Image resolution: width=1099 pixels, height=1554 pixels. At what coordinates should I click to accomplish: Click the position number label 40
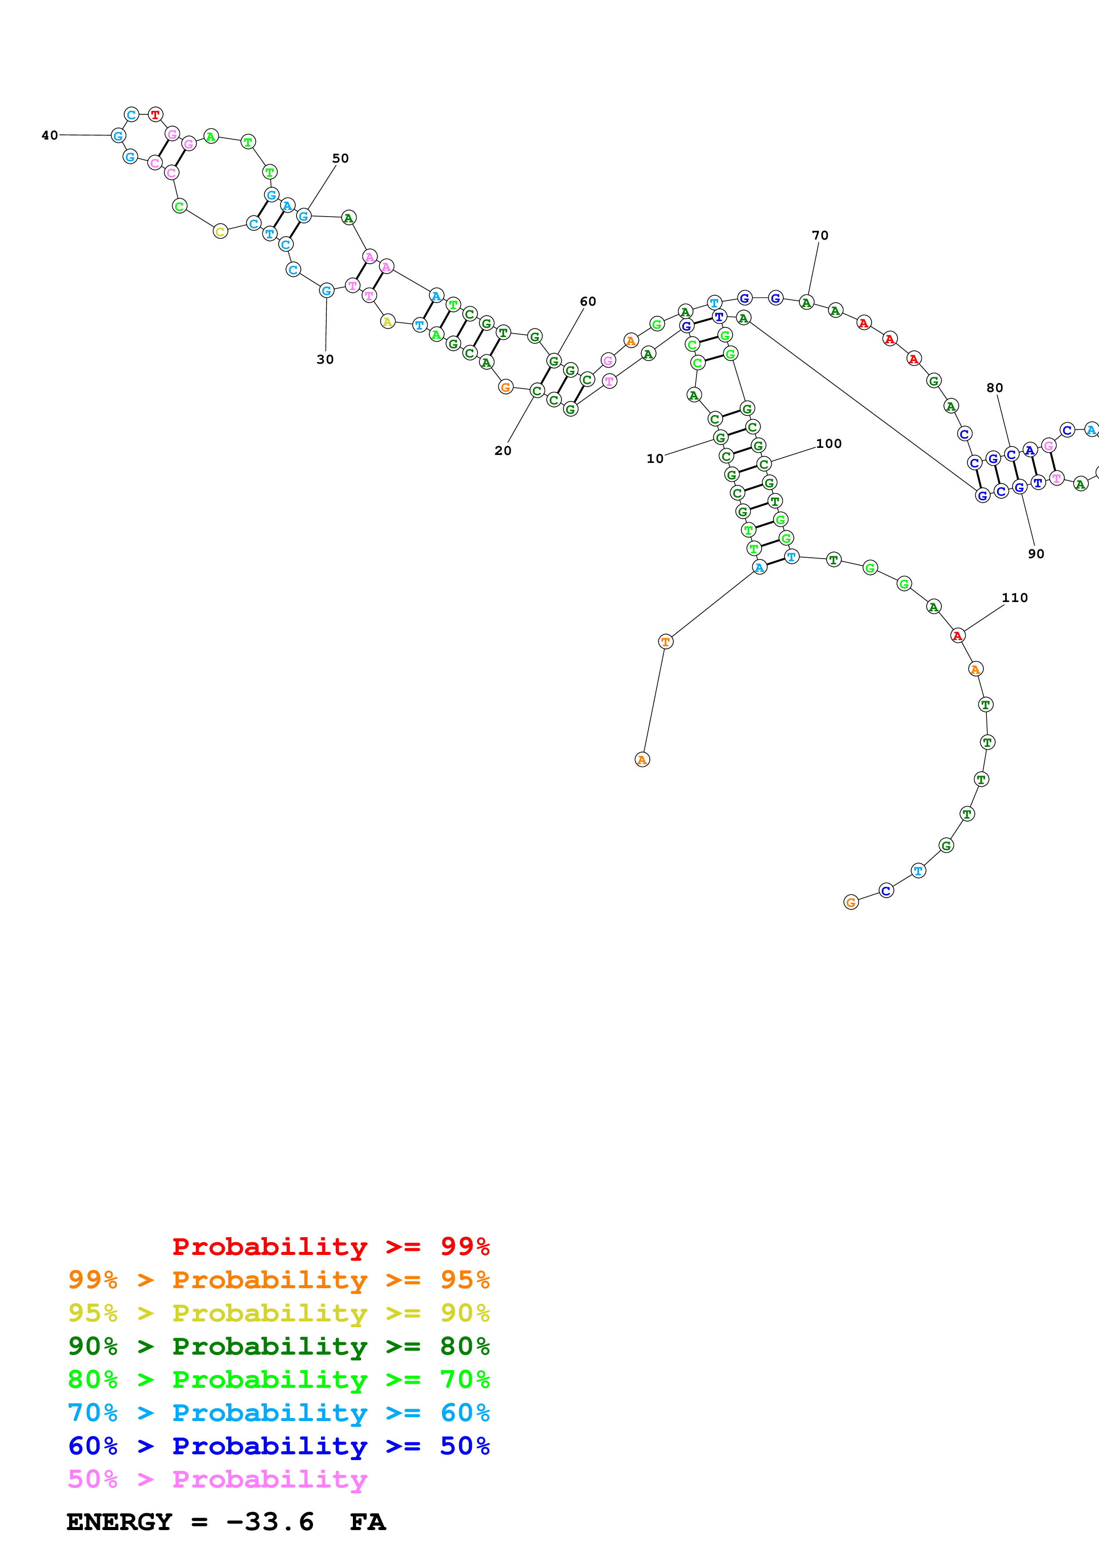(50, 136)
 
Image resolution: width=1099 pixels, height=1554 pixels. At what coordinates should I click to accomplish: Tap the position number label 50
(340, 159)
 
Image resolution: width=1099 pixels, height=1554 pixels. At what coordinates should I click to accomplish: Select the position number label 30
(325, 359)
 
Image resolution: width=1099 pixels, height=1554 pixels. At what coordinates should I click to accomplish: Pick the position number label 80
(994, 388)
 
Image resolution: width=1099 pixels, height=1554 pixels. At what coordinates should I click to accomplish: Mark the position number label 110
(1014, 598)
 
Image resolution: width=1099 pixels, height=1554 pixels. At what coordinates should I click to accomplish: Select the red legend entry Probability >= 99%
(330, 1247)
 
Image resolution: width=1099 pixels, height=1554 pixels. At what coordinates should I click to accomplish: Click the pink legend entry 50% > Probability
(217, 1479)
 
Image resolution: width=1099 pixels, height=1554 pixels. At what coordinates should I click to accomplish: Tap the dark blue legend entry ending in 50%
(278, 1446)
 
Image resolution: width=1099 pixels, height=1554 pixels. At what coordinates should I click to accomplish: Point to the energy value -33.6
(270, 1522)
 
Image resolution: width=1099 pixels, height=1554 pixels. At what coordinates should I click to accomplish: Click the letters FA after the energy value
(368, 1522)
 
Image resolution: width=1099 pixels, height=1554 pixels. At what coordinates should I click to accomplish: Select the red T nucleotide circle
(156, 114)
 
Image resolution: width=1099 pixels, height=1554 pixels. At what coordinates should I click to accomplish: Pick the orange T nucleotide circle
(665, 641)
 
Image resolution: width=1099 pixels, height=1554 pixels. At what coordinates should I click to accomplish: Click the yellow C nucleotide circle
(220, 232)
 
